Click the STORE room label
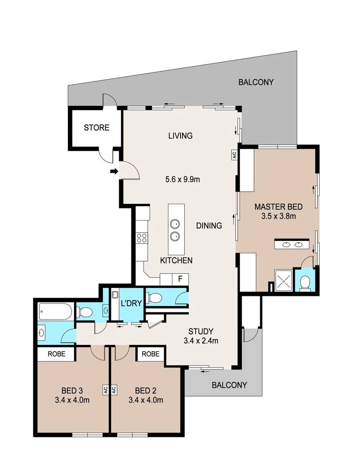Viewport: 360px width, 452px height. click(x=96, y=128)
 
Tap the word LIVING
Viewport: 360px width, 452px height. click(x=180, y=136)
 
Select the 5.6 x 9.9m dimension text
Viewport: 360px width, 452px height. click(x=182, y=180)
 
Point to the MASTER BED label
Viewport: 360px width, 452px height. click(x=278, y=207)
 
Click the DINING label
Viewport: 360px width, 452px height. click(x=209, y=226)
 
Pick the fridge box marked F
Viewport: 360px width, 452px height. click(x=180, y=279)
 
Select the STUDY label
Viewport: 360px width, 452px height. click(x=201, y=331)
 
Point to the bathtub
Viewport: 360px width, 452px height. click(x=55, y=311)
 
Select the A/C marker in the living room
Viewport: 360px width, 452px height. click(x=234, y=154)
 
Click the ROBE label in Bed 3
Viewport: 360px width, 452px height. click(x=57, y=354)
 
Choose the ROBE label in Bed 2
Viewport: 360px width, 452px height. click(x=150, y=354)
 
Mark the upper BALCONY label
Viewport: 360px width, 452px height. click(x=256, y=82)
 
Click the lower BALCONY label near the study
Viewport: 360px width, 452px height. click(x=229, y=385)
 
